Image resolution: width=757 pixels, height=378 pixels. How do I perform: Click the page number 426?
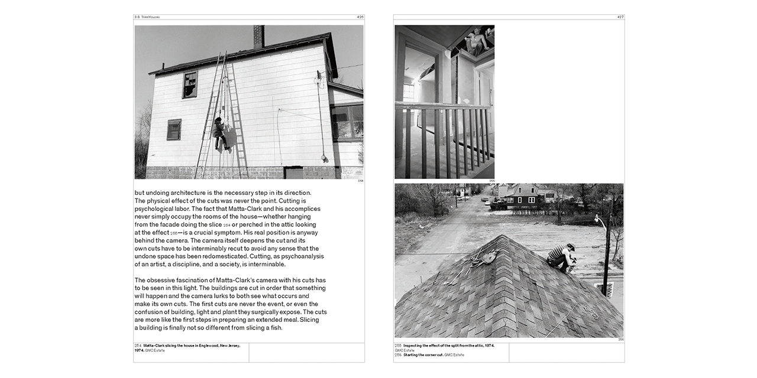(360, 17)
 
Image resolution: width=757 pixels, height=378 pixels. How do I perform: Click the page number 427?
(620, 17)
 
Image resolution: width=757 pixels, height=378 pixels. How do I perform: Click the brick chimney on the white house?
(258, 37)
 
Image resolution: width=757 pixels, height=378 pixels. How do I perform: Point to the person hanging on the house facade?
(219, 132)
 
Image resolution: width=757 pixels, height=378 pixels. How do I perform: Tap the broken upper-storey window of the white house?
(190, 84)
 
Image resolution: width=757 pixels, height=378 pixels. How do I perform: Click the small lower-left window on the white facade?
(174, 129)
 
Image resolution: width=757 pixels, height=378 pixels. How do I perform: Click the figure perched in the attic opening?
(477, 41)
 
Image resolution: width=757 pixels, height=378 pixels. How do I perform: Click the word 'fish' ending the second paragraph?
(276, 328)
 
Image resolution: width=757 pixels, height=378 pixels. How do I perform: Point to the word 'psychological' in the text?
(156, 208)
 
